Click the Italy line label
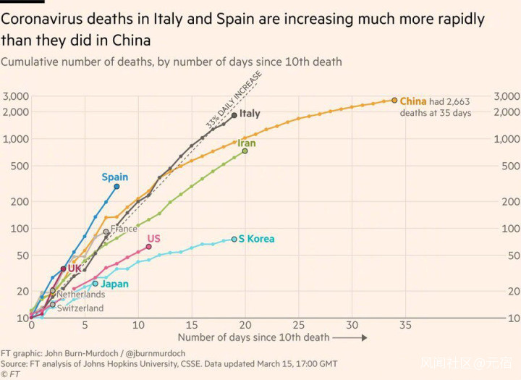coord(250,114)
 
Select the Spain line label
coord(114,177)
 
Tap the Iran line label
coord(246,143)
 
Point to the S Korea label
coord(256,239)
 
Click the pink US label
coord(153,238)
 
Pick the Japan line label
coord(114,284)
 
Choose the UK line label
coord(75,269)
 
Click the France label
coord(124,229)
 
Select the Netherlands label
coord(80,295)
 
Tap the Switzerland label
coord(80,308)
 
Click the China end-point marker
coord(394,101)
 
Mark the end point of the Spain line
coord(117,186)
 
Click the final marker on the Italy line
coord(234,114)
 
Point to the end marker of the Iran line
coord(245,151)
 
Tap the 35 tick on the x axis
coord(405,325)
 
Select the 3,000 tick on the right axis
coord(506,96)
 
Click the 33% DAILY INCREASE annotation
coord(233,101)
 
